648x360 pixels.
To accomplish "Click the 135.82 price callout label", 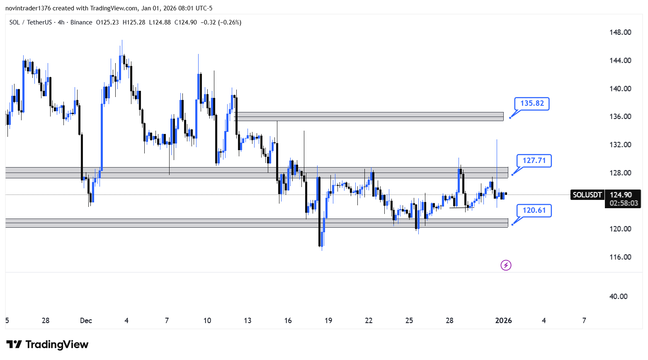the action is (532, 104).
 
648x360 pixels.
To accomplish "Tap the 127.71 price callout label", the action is (534, 161).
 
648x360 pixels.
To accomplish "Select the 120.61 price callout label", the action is (534, 210).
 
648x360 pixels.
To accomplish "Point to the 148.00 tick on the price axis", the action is (620, 32).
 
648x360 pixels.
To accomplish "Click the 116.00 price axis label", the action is (620, 257).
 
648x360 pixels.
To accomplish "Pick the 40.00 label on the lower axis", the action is (618, 296).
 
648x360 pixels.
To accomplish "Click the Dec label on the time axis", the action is (86, 321).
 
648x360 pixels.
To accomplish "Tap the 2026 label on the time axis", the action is (503, 321).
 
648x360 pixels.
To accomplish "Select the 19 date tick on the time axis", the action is (328, 321).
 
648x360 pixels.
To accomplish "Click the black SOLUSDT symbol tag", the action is (587, 195).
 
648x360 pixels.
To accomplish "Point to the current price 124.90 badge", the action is (621, 195).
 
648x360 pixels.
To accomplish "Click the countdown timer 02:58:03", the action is (624, 204).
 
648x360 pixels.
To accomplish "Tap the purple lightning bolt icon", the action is (506, 265).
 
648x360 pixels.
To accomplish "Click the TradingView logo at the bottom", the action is (47, 344).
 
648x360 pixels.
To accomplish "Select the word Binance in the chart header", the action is (81, 22).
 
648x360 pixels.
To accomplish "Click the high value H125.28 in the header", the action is (134, 22).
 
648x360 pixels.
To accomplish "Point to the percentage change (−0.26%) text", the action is (230, 22).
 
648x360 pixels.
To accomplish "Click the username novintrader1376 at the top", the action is (28, 8).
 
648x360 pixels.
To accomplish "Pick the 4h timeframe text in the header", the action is (61, 22).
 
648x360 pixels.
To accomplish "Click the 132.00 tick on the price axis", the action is (620, 145).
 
